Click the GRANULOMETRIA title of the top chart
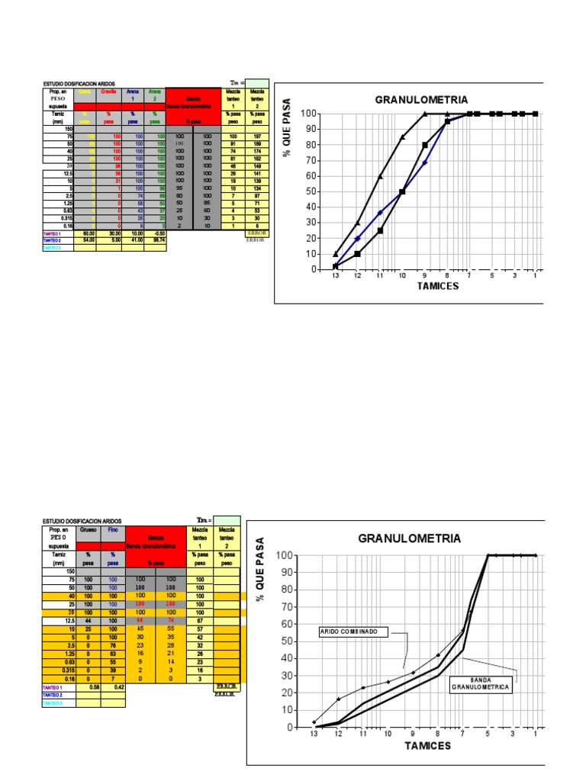(x=421, y=99)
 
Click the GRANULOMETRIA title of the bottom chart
(x=409, y=538)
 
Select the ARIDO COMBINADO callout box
(x=354, y=632)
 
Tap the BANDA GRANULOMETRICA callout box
(x=479, y=683)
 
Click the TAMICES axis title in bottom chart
(x=427, y=745)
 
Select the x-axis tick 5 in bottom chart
(x=488, y=734)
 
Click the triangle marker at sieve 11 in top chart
(x=380, y=176)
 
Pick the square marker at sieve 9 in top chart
(x=425, y=145)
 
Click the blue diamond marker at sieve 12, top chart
(x=357, y=239)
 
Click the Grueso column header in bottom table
(x=88, y=529)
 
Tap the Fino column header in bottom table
(x=112, y=529)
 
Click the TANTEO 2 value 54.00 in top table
(x=88, y=240)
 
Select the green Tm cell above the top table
(x=257, y=82)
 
